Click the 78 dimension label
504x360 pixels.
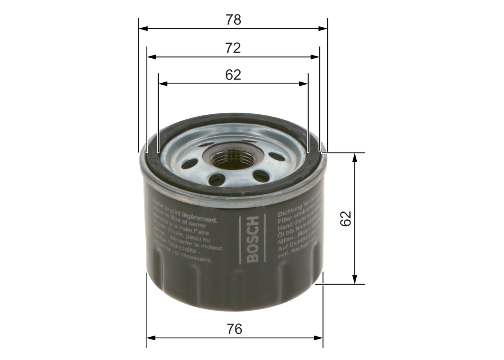point(233,20)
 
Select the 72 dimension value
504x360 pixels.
point(233,48)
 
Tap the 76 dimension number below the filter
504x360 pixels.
point(234,329)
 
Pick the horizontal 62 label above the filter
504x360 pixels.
point(233,75)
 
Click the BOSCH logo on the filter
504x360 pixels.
point(252,239)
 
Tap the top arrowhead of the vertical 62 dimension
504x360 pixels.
point(355,157)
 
